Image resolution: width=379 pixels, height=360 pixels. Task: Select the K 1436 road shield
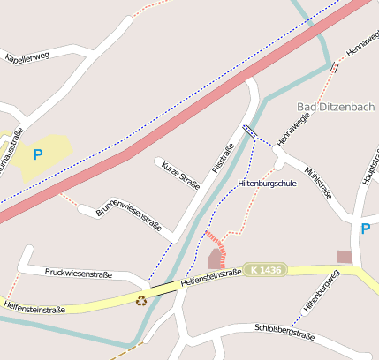pyautogui.click(x=266, y=269)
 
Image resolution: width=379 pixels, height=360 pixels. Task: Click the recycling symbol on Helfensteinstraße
pyautogui.click(x=141, y=300)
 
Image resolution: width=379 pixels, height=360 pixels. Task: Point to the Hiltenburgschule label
pyautogui.click(x=268, y=183)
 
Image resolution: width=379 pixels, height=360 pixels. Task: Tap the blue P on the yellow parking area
pyautogui.click(x=37, y=154)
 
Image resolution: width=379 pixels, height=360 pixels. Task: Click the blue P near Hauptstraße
pyautogui.click(x=366, y=229)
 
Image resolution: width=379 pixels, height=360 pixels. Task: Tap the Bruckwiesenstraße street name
pyautogui.click(x=78, y=274)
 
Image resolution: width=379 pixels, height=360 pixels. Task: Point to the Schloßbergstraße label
pyautogui.click(x=284, y=332)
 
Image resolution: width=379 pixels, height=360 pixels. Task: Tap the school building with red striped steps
pyautogui.click(x=215, y=259)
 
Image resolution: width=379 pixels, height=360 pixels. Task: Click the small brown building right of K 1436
pyautogui.click(x=344, y=256)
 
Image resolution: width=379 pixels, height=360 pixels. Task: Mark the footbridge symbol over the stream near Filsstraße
pyautogui.click(x=250, y=131)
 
